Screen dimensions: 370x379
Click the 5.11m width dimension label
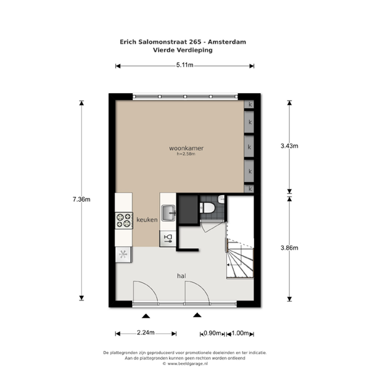pos(185,65)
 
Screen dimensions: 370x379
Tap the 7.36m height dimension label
pos(81,199)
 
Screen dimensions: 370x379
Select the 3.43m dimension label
pos(289,146)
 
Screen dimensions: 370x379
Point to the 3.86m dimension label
pos(289,248)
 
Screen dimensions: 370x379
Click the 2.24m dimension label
pos(146,333)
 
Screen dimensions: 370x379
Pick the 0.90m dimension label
pos(212,333)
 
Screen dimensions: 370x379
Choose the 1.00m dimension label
pos(240,333)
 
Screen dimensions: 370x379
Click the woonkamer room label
pos(186,148)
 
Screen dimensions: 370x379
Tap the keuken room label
pos(147,220)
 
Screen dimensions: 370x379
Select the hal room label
pos(181,276)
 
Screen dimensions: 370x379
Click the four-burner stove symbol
pos(124,220)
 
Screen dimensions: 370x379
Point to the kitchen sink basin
pos(168,213)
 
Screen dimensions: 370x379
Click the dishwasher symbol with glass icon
pos(168,238)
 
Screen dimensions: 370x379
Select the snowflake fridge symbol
pos(123,254)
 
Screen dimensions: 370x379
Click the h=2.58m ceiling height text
pos(186,154)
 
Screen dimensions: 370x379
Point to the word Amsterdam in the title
pos(227,42)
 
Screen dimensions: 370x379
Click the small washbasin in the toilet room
pos(221,199)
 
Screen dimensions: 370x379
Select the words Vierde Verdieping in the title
pos(183,50)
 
